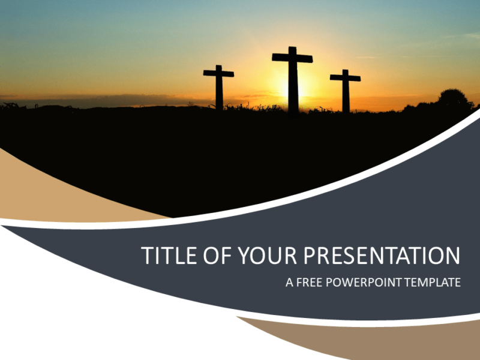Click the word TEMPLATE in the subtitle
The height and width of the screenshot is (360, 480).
tap(431, 282)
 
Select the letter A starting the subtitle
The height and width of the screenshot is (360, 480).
tap(289, 282)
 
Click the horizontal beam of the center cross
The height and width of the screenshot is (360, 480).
tap(292, 58)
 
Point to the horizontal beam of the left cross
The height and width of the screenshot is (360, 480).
tap(218, 74)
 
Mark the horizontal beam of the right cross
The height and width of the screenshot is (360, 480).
tap(345, 77)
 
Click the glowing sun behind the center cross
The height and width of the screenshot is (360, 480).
tap(303, 90)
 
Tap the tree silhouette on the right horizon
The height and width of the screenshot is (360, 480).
tap(453, 100)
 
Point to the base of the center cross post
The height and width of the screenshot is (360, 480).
tap(293, 111)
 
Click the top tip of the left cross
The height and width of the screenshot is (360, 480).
tap(218, 67)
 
